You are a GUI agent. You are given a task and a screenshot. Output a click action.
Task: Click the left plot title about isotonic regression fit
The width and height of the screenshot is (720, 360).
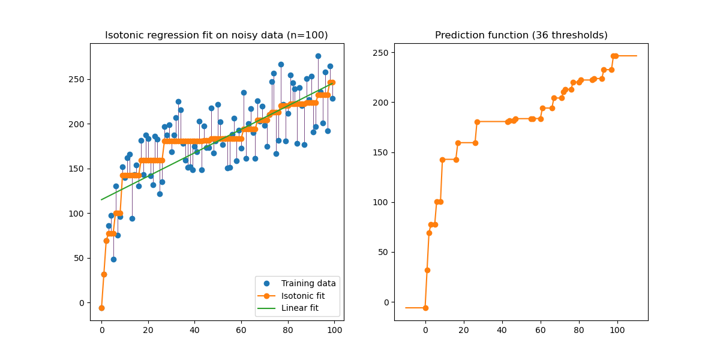pos(217,35)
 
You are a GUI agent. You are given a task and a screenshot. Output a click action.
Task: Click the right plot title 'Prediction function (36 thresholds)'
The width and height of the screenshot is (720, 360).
pos(521,35)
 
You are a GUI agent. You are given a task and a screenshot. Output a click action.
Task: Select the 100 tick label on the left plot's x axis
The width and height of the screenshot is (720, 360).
pos(334,329)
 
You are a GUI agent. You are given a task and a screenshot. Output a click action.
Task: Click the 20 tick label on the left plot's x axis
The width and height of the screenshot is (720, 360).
pos(148,329)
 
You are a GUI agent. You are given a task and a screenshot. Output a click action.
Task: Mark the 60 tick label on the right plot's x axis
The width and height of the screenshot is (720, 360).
pos(540,329)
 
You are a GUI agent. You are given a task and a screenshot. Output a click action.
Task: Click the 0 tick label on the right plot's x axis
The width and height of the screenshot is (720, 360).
pos(425,329)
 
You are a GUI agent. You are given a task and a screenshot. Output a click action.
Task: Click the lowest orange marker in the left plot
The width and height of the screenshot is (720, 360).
pos(101,308)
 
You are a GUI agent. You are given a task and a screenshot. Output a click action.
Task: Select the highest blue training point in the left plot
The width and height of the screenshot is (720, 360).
pos(318,56)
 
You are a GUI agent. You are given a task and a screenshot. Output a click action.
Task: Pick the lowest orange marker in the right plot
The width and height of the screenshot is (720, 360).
pos(425,308)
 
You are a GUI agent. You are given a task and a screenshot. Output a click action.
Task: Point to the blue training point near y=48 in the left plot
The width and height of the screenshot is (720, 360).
pos(113,259)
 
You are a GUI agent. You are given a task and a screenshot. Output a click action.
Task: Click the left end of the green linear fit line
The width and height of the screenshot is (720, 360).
pos(101,199)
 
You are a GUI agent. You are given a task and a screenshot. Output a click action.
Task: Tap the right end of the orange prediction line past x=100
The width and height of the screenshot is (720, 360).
pos(637,56)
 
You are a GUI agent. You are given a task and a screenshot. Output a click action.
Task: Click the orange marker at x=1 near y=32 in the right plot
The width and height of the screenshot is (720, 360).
pos(427,270)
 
